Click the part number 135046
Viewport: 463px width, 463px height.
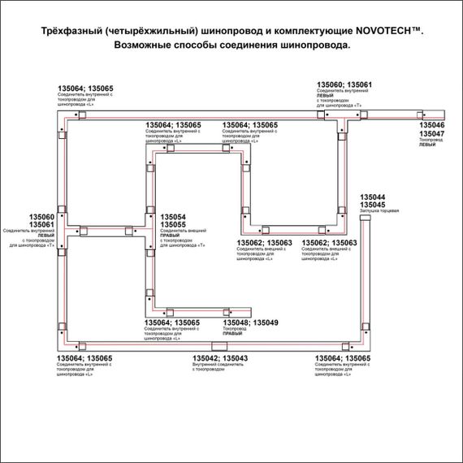[x=431, y=126]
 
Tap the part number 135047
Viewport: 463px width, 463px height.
[x=431, y=134]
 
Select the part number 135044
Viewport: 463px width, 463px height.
[x=373, y=197]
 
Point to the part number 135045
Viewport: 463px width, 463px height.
[x=373, y=206]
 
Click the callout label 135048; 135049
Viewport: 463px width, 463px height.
[x=249, y=323]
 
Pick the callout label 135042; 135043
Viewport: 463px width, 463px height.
[x=220, y=358]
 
